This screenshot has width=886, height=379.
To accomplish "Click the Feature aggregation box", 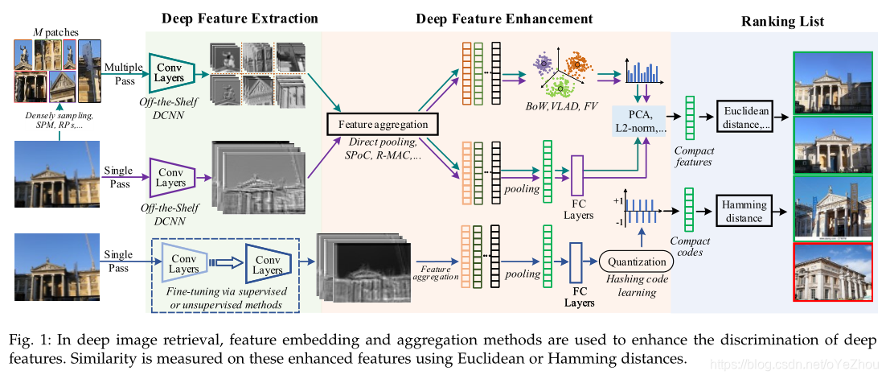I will tap(382, 124).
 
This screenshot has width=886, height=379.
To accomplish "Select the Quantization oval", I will tap(636, 262).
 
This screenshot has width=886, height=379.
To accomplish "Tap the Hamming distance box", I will tap(744, 212).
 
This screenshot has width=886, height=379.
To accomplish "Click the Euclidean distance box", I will tap(747, 117).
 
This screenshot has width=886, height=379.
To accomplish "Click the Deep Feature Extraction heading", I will tap(240, 19).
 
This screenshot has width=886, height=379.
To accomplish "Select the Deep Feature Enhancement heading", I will tap(504, 19).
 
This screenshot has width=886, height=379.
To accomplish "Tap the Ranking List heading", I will tap(782, 22).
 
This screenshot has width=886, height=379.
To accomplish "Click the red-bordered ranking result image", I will tap(832, 271).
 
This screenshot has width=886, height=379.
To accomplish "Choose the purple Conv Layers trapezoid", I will tap(170, 178).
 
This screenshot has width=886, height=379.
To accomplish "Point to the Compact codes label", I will tap(691, 246).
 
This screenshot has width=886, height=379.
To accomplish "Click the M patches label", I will tap(55, 31).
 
